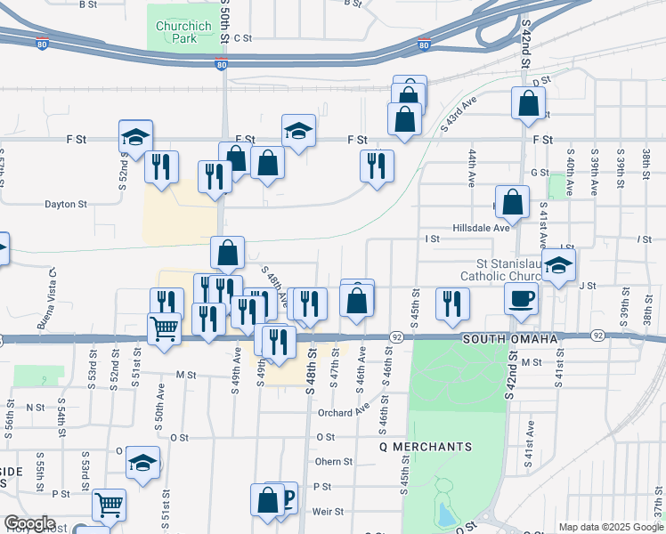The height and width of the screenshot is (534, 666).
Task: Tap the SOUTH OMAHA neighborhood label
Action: [x=509, y=340]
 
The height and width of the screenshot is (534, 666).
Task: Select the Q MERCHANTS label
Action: [x=425, y=446]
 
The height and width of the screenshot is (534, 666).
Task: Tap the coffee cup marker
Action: [x=521, y=299]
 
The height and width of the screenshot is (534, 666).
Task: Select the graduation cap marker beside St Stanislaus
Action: [x=558, y=265]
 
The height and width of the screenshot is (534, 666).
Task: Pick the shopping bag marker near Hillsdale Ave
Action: [x=513, y=203]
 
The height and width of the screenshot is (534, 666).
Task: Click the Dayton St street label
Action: [x=66, y=204]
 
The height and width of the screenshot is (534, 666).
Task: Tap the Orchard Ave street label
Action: [x=343, y=412]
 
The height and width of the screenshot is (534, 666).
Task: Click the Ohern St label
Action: [x=334, y=462]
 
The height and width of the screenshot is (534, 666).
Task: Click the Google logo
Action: [x=28, y=523]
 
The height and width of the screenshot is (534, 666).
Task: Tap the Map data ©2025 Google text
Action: [x=610, y=527]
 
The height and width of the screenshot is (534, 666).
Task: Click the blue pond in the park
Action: [x=445, y=513]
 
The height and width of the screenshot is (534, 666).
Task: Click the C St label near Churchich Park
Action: [x=243, y=38]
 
